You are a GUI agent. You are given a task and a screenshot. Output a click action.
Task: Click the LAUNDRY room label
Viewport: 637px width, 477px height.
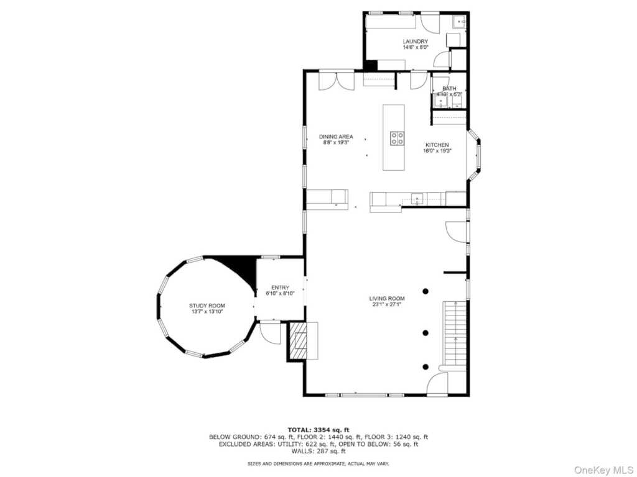(415, 42)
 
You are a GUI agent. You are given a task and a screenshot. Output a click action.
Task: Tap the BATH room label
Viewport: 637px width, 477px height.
(449, 88)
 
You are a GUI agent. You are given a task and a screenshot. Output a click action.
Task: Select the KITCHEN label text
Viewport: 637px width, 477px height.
(437, 145)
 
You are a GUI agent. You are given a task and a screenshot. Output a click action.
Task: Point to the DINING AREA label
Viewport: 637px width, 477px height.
(336, 137)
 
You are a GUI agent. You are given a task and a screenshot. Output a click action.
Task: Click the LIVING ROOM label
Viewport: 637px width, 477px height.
(387, 298)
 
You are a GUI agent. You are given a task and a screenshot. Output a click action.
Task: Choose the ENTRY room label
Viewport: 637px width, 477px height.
(280, 288)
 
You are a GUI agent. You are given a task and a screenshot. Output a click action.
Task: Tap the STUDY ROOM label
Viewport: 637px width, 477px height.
(207, 306)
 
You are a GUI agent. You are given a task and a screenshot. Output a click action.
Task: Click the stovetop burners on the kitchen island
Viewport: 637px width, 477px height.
(396, 138)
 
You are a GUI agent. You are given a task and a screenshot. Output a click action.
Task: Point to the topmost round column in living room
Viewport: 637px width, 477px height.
(425, 291)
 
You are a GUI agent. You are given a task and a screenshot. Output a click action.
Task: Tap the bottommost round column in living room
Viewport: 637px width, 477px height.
(425, 366)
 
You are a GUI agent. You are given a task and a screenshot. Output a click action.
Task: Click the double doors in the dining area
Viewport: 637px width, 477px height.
(337, 81)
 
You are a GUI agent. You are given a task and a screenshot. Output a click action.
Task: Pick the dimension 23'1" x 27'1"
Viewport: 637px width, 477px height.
(387, 304)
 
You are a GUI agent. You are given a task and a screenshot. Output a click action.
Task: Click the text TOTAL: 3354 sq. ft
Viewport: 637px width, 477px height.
(318, 429)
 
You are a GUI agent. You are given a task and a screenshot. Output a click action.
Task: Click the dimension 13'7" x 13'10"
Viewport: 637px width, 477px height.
(207, 312)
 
